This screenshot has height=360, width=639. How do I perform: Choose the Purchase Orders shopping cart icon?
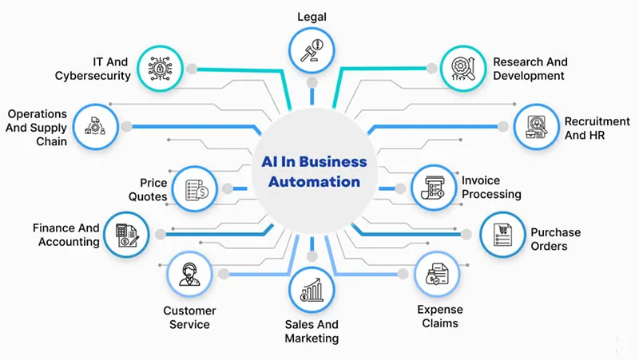[x=502, y=235]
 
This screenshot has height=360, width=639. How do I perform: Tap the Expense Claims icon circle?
[x=437, y=275]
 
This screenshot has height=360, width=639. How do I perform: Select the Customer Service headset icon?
[x=189, y=274]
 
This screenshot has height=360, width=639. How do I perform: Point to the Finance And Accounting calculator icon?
[x=126, y=233]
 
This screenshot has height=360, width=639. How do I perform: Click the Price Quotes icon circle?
[x=195, y=188]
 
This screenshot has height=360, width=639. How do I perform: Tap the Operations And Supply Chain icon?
[x=95, y=125]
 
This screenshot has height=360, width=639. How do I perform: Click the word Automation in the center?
[x=314, y=181]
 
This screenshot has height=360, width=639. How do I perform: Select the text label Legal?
[x=312, y=17]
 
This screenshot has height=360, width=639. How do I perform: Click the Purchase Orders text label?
[x=555, y=239]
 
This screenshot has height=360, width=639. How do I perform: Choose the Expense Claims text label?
[x=439, y=316]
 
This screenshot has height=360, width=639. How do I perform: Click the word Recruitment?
[x=597, y=121]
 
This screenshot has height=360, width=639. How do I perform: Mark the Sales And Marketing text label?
[x=312, y=330]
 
